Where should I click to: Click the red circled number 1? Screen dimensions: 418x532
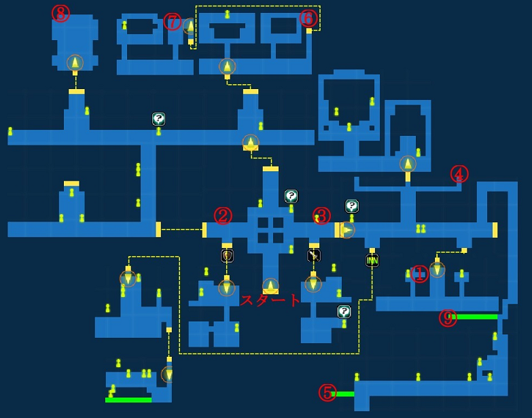[x=419, y=273]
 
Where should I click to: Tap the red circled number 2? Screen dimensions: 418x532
[x=223, y=215]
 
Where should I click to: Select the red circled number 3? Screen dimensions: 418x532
[x=321, y=215]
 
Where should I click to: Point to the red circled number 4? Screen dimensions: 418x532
[x=459, y=174]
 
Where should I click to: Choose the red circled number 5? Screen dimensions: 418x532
[x=327, y=393]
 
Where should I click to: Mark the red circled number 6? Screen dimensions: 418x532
[x=308, y=18]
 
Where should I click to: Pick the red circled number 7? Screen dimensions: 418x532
[x=173, y=22]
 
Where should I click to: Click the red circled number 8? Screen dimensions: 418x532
[x=60, y=14]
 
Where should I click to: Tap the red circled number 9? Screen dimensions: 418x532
[x=447, y=317]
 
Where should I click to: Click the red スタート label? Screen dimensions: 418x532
[x=270, y=300]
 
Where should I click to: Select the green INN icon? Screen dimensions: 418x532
[x=372, y=260]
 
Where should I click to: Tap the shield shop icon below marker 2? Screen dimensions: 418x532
[x=227, y=256]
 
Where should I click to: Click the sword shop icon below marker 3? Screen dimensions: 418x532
[x=314, y=256]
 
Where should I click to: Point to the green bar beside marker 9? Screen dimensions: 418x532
[x=475, y=317]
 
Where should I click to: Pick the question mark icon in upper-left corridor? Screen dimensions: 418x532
[x=158, y=119]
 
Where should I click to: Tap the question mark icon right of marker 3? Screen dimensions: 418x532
[x=351, y=206]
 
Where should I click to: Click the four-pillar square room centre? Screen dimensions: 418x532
[x=270, y=230]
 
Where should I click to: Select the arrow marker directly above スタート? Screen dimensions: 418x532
[x=270, y=286]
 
